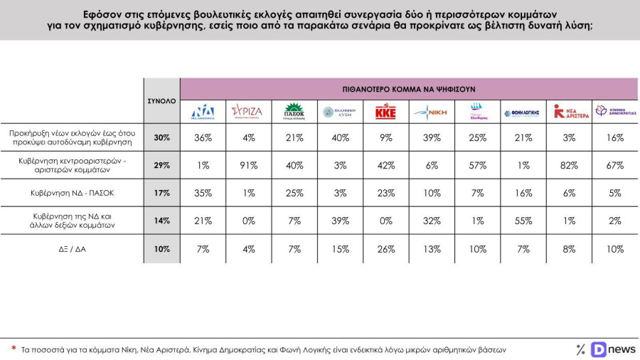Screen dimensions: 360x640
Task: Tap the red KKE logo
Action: (385, 111)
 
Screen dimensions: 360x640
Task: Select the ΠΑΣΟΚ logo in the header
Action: (294, 112)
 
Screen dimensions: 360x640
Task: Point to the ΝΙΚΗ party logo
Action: (430, 112)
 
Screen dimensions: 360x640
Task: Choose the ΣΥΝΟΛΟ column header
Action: (161, 101)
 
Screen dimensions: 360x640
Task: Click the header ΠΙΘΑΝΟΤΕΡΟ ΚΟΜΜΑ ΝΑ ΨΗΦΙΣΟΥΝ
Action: (408, 89)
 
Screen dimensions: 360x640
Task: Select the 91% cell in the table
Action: (249, 166)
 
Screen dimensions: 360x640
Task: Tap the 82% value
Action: (569, 166)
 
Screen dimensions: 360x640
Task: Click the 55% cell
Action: (523, 221)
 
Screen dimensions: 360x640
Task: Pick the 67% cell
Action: (615, 166)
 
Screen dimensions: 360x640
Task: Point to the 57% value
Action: (477, 166)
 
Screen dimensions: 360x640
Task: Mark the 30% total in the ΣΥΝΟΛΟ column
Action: (162, 138)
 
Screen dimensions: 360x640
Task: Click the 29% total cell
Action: (162, 166)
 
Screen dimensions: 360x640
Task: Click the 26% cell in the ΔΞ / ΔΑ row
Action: (385, 249)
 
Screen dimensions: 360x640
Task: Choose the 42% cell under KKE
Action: (385, 166)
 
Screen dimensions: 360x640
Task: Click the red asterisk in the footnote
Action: (14, 348)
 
